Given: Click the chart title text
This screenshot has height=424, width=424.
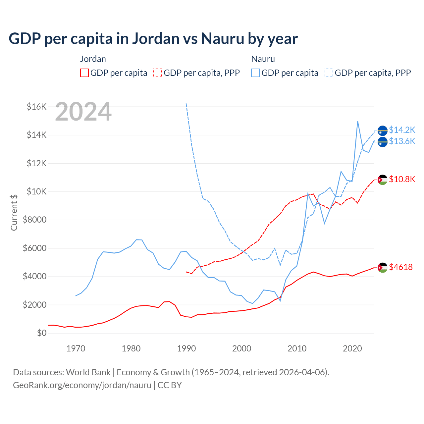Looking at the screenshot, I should click(x=153, y=38).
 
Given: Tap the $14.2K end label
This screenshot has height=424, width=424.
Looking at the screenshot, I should click(x=402, y=130).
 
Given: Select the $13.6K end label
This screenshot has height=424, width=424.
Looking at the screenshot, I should click(x=402, y=141).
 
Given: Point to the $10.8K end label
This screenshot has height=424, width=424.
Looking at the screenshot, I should click(x=402, y=180).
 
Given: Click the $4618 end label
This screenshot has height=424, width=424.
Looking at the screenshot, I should click(x=401, y=267).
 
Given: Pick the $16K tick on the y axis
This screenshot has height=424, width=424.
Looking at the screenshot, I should click(x=36, y=107).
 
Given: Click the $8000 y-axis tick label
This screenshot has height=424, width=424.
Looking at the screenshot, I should click(x=34, y=220).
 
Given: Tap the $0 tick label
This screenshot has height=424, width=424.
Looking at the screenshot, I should click(x=42, y=333).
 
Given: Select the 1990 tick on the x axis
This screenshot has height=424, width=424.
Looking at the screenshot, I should click(x=186, y=348).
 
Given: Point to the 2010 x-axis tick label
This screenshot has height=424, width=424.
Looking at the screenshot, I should click(x=297, y=348).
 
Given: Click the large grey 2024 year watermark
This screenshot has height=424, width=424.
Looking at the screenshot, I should click(x=83, y=112).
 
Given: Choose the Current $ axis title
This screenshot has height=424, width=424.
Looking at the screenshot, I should click(x=14, y=212).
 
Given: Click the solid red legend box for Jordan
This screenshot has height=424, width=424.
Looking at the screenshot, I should click(x=84, y=73).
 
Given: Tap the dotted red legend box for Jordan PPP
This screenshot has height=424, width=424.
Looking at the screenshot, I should click(x=158, y=73).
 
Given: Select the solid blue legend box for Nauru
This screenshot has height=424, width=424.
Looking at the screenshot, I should click(x=255, y=73).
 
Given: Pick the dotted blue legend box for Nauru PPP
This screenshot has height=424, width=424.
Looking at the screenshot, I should click(x=329, y=73).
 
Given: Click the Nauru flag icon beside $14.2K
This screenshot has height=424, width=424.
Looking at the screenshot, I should click(x=383, y=131).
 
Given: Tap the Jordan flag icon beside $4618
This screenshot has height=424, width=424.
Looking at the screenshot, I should click(x=383, y=267).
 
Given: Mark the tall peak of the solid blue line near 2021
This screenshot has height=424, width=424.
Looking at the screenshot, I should click(x=358, y=121).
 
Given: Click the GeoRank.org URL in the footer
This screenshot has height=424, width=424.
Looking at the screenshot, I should click(x=82, y=385).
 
